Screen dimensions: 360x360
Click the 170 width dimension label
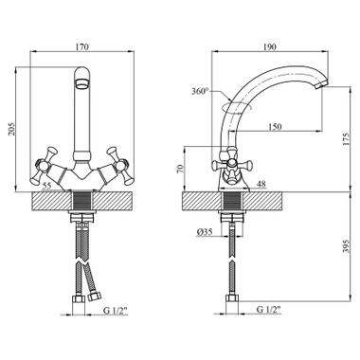click(82, 47)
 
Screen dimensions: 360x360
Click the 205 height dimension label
click(11, 129)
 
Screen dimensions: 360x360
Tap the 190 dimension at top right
click(269, 47)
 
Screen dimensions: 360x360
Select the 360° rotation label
click(201, 92)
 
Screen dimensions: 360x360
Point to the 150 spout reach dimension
click(275, 127)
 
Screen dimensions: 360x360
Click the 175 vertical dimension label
click(347, 139)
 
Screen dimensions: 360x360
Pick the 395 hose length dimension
click(347, 245)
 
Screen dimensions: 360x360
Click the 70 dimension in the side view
click(179, 169)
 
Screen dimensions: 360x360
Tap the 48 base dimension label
click(261, 184)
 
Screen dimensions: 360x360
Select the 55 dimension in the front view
click(46, 186)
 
